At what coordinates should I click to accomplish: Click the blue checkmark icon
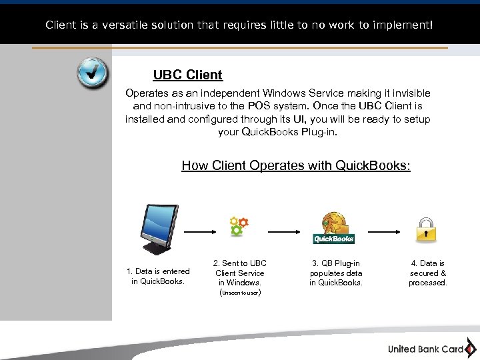click(92, 73)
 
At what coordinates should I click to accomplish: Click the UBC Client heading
click(187, 75)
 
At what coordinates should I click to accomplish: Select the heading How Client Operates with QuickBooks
click(296, 165)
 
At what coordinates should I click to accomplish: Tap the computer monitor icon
click(159, 229)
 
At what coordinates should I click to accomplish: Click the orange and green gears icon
click(239, 226)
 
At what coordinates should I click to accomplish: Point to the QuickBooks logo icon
click(333, 229)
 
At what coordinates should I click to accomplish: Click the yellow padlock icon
click(426, 229)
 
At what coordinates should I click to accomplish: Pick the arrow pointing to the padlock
click(385, 232)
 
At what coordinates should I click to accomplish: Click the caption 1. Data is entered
click(158, 276)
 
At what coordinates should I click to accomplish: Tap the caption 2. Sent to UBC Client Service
click(239, 273)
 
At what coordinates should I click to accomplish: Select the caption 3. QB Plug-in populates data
click(336, 273)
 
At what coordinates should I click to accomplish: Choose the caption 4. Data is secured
click(427, 273)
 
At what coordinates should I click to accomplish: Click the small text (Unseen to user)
click(239, 292)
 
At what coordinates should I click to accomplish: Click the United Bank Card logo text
click(425, 349)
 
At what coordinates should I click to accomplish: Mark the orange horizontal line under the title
click(240, 48)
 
